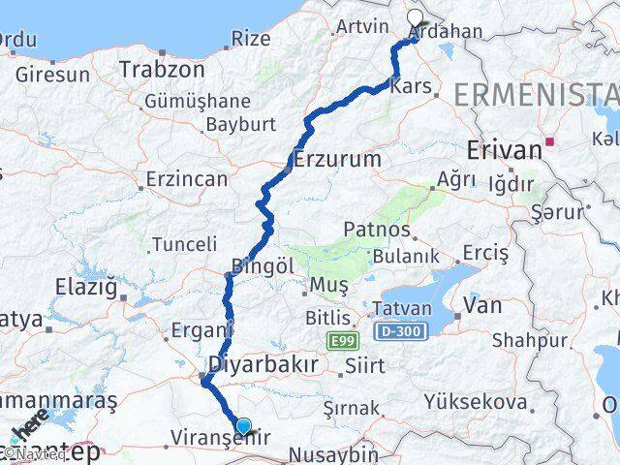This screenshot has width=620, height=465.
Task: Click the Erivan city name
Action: click(503, 150)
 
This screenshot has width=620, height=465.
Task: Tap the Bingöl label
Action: click(262, 264)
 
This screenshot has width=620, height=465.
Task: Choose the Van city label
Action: click(482, 305)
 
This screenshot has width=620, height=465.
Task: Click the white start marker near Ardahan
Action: click(416, 17)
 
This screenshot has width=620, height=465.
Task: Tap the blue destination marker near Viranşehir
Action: click(242, 425)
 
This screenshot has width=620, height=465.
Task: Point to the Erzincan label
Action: click(186, 179)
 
